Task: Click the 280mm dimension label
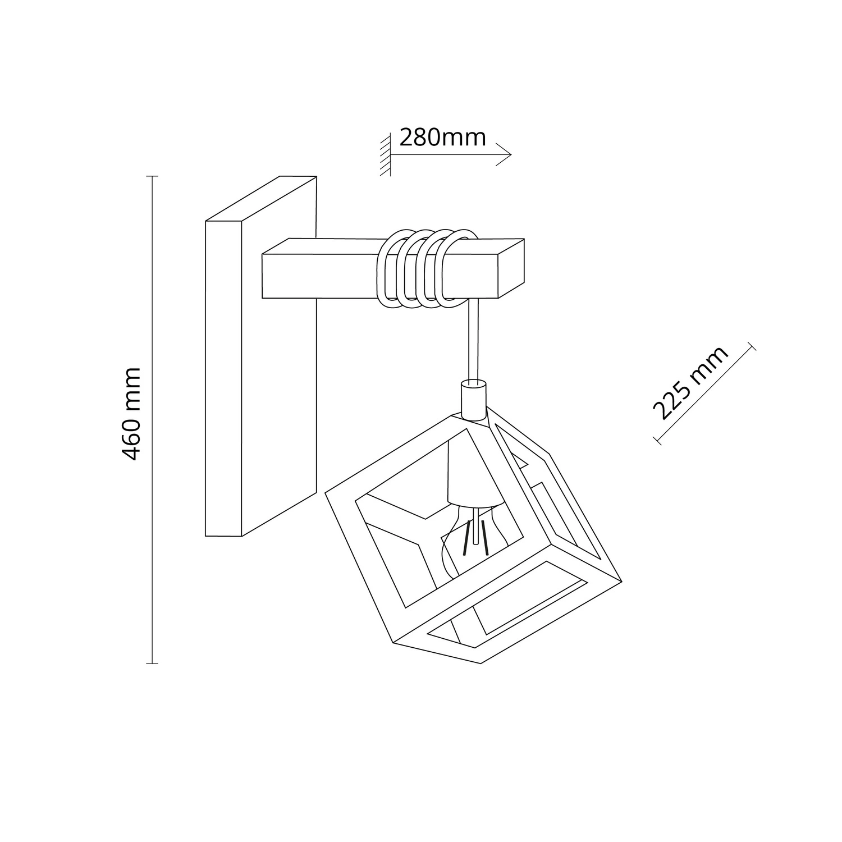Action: [442, 138]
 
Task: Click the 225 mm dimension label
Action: [691, 383]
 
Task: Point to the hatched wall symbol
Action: [385, 155]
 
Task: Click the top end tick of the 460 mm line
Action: [152, 177]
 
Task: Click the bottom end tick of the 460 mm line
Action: [152, 664]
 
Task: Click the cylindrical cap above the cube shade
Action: [473, 400]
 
